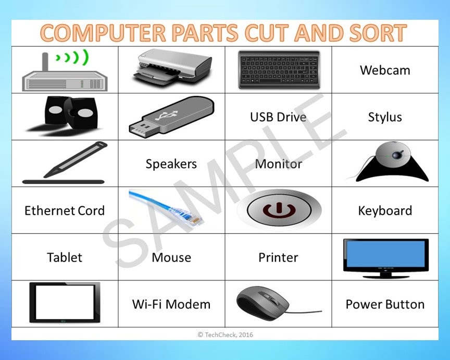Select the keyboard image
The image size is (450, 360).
click(279, 69)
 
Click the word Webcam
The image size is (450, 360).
click(385, 70)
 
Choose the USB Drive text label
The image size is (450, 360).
click(278, 117)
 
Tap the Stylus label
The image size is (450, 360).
click(385, 117)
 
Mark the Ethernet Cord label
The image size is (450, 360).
click(65, 210)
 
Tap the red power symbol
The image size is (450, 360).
click(278, 210)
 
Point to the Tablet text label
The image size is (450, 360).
click(65, 257)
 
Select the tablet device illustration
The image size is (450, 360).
click(65, 303)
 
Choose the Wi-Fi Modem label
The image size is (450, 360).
click(171, 304)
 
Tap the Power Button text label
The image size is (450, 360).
click(385, 304)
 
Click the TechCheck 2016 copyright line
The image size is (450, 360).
click(225, 334)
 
